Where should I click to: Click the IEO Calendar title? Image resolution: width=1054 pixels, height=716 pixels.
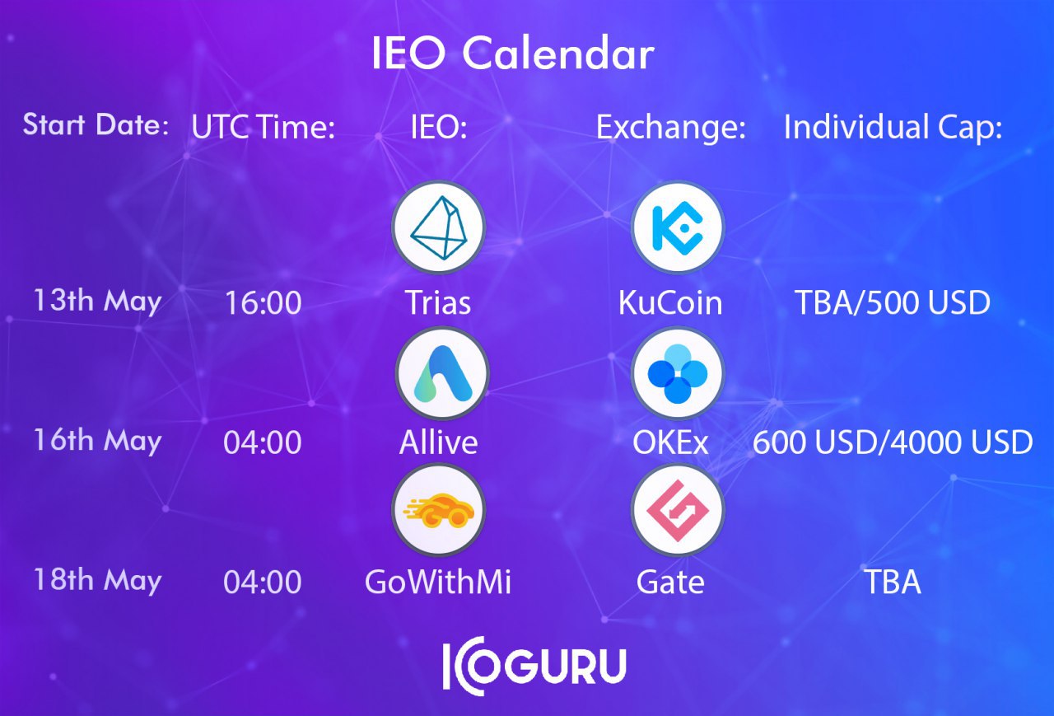pyautogui.click(x=513, y=53)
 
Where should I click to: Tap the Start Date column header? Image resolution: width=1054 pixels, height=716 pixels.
pyautogui.click(x=96, y=124)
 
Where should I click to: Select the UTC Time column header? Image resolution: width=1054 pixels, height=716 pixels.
pyautogui.click(x=263, y=127)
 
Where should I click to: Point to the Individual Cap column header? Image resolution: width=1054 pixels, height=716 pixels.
pyautogui.click(x=893, y=127)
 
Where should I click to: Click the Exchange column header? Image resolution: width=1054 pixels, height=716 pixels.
pyautogui.click(x=671, y=127)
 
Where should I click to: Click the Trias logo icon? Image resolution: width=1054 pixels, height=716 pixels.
pyautogui.click(x=439, y=228)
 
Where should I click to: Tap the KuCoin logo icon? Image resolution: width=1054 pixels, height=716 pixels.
pyautogui.click(x=678, y=228)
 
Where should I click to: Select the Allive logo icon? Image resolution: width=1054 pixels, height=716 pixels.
pyautogui.click(x=442, y=373)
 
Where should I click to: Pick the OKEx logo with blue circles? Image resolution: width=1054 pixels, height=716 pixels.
pyautogui.click(x=678, y=373)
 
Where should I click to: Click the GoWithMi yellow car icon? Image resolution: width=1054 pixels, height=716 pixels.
pyautogui.click(x=439, y=510)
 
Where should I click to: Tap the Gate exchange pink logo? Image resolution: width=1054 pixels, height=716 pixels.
pyautogui.click(x=678, y=510)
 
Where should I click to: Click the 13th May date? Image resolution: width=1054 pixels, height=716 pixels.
pyautogui.click(x=98, y=302)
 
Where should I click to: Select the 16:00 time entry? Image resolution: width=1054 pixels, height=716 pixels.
pyautogui.click(x=263, y=302)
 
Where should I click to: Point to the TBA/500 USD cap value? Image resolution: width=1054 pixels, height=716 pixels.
pyautogui.click(x=893, y=302)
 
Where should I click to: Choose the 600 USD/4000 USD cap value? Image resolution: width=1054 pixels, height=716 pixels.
pyautogui.click(x=893, y=442)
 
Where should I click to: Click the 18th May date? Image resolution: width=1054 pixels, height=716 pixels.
pyautogui.click(x=98, y=580)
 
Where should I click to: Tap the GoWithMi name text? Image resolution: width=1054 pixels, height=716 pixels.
pyautogui.click(x=438, y=582)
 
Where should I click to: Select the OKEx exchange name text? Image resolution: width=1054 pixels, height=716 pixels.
pyautogui.click(x=670, y=442)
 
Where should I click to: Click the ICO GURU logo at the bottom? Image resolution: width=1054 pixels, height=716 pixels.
pyautogui.click(x=534, y=666)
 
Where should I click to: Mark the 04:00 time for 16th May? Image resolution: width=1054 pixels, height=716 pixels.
pyautogui.click(x=263, y=442)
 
